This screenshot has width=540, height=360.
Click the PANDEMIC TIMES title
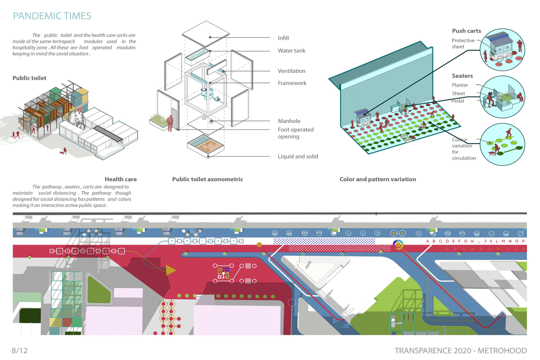pyautogui.click(x=52, y=16)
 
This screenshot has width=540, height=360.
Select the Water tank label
pyautogui.click(x=291, y=50)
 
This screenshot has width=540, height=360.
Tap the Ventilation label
pyautogui.click(x=291, y=71)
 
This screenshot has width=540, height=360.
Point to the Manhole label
pyautogui.click(x=289, y=121)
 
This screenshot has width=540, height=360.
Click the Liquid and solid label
pyautogui.click(x=298, y=156)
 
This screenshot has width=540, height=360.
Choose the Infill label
pyautogui.click(x=283, y=38)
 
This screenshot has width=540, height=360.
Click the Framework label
pyautogui.click(x=292, y=83)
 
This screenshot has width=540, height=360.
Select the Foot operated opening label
pyautogui.click(x=295, y=133)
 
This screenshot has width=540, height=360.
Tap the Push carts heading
pyautogui.click(x=466, y=31)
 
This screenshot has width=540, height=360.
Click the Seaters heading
pyautogui.click(x=462, y=76)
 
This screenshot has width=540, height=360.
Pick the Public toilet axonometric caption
pyautogui.click(x=207, y=179)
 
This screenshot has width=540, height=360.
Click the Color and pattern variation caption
pyautogui.click(x=377, y=179)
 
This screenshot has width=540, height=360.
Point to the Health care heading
pyautogui.click(x=120, y=179)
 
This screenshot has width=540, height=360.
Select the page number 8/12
pyautogui.click(x=20, y=350)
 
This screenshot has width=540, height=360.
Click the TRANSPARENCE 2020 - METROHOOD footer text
pyautogui.click(x=460, y=350)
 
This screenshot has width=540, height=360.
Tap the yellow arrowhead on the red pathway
pyautogui.click(x=170, y=270)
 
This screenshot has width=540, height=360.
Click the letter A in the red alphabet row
pyautogui.click(x=427, y=241)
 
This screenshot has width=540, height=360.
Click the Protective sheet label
pyautogui.click(x=463, y=43)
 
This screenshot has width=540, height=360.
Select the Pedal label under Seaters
pyautogui.click(x=458, y=101)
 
